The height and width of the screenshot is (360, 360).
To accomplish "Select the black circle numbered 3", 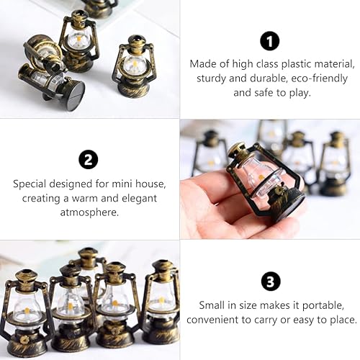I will [x=270, y=281].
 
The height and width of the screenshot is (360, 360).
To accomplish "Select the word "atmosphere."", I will [x=89, y=212].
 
